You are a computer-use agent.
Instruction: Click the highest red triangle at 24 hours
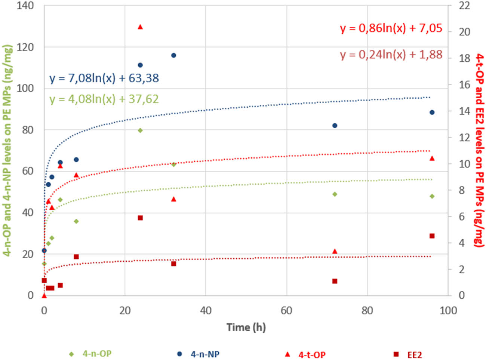click(140, 27)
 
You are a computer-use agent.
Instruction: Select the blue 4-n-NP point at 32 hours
click(173, 55)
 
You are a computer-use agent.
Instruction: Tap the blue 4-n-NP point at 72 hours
click(335, 126)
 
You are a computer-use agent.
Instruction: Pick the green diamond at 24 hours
click(140, 130)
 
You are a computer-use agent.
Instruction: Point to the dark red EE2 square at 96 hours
click(432, 236)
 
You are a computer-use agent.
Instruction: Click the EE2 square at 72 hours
click(335, 281)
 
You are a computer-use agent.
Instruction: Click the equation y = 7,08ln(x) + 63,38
click(104, 78)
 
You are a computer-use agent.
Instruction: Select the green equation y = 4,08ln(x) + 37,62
click(104, 99)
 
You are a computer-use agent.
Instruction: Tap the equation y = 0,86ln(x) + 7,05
click(391, 28)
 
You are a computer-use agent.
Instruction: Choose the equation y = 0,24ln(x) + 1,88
click(391, 55)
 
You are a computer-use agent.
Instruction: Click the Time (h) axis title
click(246, 327)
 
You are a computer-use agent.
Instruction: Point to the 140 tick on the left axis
click(25, 6)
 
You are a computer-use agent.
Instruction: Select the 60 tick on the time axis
click(286, 310)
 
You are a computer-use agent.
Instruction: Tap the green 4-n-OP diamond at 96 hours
click(432, 196)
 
